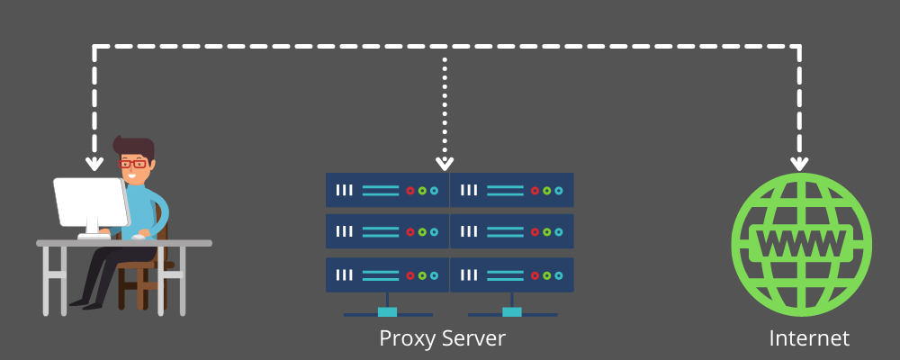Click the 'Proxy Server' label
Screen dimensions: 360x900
click(x=442, y=339)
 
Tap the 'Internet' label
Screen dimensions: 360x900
click(x=809, y=339)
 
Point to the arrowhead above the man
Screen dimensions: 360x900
click(x=94, y=163)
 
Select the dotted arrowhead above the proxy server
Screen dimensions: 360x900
click(x=444, y=162)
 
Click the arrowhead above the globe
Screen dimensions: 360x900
click(x=799, y=163)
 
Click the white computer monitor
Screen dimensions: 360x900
click(x=90, y=202)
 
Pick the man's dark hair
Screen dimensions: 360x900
click(x=135, y=147)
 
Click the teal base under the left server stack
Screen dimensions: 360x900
click(x=387, y=312)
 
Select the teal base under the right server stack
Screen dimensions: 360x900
click(x=511, y=312)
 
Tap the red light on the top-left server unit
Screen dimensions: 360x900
click(x=410, y=191)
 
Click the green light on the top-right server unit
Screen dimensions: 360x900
click(x=546, y=191)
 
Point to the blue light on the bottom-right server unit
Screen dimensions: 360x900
click(x=558, y=274)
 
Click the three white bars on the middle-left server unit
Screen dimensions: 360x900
click(x=345, y=232)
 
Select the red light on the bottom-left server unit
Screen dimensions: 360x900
click(x=410, y=274)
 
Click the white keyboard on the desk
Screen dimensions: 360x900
click(x=93, y=237)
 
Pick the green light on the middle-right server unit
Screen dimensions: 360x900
click(x=546, y=232)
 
